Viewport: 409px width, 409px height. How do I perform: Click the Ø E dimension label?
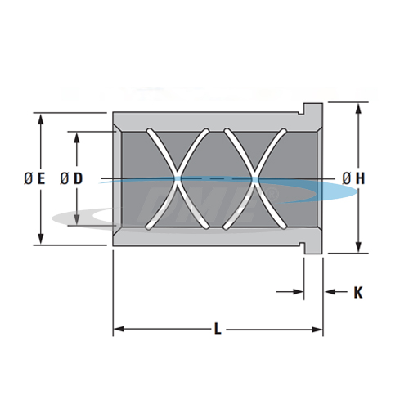(34, 178)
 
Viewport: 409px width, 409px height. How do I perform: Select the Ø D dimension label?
(70, 178)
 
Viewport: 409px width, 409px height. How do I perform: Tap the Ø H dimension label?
(353, 178)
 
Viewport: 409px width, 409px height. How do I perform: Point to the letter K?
(357, 291)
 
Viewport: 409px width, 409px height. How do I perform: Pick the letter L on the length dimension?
(217, 329)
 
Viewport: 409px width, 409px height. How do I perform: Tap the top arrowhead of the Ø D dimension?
(77, 135)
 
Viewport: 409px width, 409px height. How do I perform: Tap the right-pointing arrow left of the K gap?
(299, 291)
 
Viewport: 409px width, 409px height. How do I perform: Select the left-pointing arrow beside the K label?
(330, 291)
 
